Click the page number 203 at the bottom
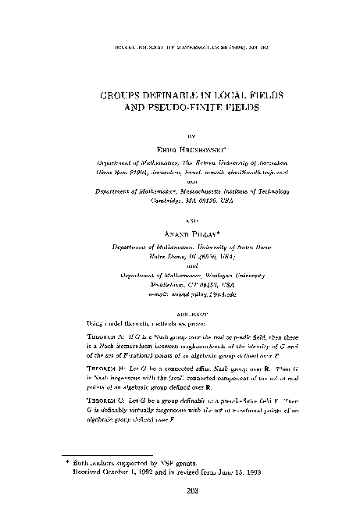(180, 490)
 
